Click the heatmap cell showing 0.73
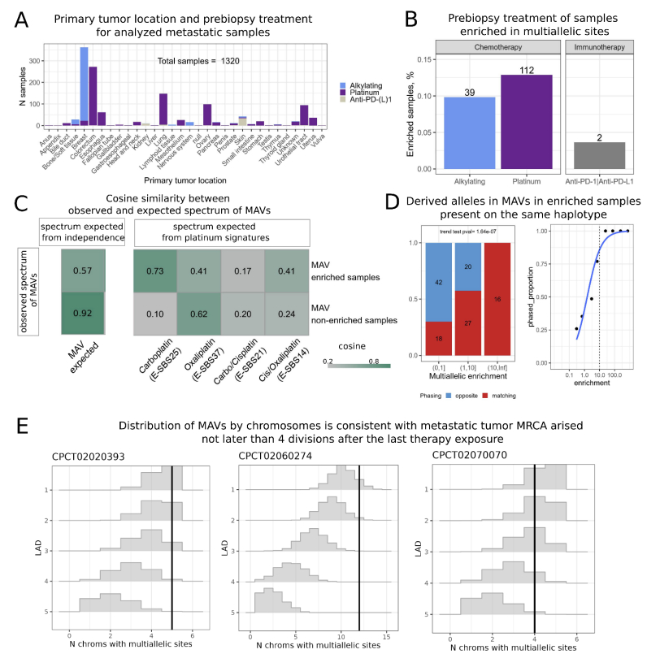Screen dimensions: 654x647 tap(160, 269)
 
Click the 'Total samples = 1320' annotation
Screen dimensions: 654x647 tap(202, 61)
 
